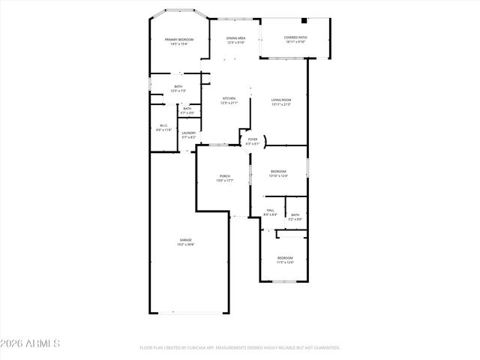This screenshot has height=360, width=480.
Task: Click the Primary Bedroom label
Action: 179,39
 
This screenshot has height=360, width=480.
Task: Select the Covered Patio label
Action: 295,37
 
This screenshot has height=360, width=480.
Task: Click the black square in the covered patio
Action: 303,22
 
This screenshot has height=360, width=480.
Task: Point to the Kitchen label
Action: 229,98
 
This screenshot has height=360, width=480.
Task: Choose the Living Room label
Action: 281,100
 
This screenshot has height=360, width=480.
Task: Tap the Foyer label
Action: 253,139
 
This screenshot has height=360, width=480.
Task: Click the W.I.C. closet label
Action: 163,125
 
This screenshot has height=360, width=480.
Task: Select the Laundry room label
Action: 188,133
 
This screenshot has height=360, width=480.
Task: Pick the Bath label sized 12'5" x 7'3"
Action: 178,86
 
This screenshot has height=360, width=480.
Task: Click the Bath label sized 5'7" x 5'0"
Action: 187,109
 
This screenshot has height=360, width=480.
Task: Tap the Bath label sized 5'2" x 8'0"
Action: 295,214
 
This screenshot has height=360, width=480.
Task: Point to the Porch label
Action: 224,176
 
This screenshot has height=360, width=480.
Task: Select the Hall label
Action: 271,210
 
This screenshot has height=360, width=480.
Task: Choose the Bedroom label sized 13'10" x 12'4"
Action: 278,172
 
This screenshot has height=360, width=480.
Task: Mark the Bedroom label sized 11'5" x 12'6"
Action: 285,258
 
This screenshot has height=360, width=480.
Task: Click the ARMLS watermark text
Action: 31,343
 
